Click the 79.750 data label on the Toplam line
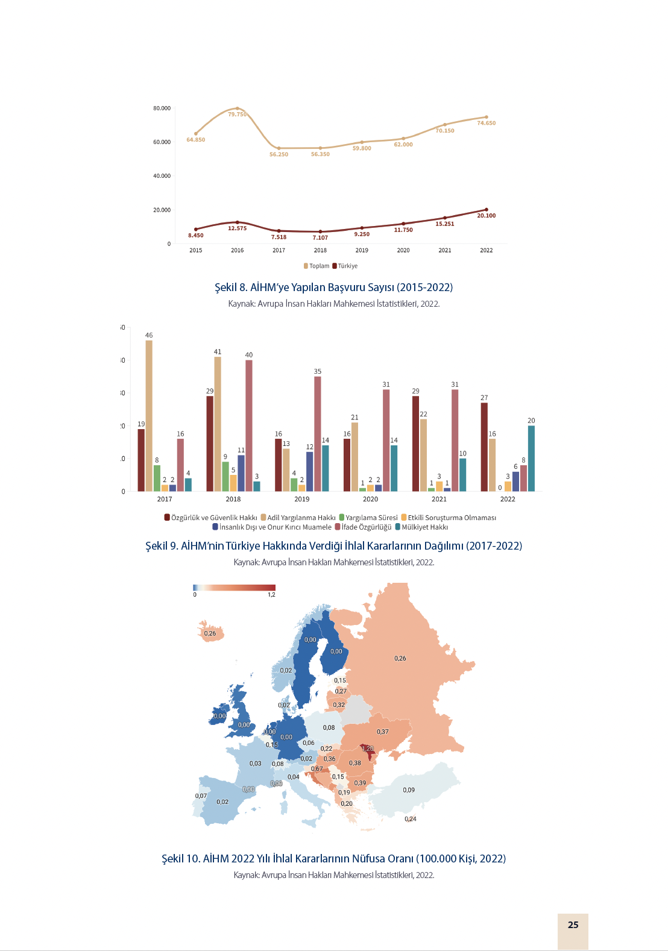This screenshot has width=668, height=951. (x=237, y=115)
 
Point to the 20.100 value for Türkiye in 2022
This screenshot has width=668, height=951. (x=486, y=216)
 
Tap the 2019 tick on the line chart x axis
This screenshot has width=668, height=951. (x=362, y=250)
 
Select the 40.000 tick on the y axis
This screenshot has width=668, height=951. (x=162, y=176)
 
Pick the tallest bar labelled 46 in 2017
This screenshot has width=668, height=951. (x=149, y=415)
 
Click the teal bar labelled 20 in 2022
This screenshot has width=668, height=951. (x=531, y=458)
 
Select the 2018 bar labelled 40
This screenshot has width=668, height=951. (x=249, y=425)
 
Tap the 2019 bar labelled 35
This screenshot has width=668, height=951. (x=318, y=433)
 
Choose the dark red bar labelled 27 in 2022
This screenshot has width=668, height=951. (x=484, y=447)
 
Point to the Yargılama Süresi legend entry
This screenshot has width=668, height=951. (x=368, y=518)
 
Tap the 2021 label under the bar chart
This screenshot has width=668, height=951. (x=439, y=499)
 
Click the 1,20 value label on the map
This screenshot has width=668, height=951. (x=368, y=749)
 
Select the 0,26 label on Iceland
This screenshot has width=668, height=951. (x=210, y=633)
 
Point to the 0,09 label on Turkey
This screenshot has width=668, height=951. (x=409, y=790)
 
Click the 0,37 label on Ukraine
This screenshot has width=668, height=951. (x=383, y=732)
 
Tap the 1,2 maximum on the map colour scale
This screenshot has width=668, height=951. (x=271, y=595)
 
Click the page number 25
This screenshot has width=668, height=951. (x=573, y=925)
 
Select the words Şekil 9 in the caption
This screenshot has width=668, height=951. (x=162, y=546)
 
